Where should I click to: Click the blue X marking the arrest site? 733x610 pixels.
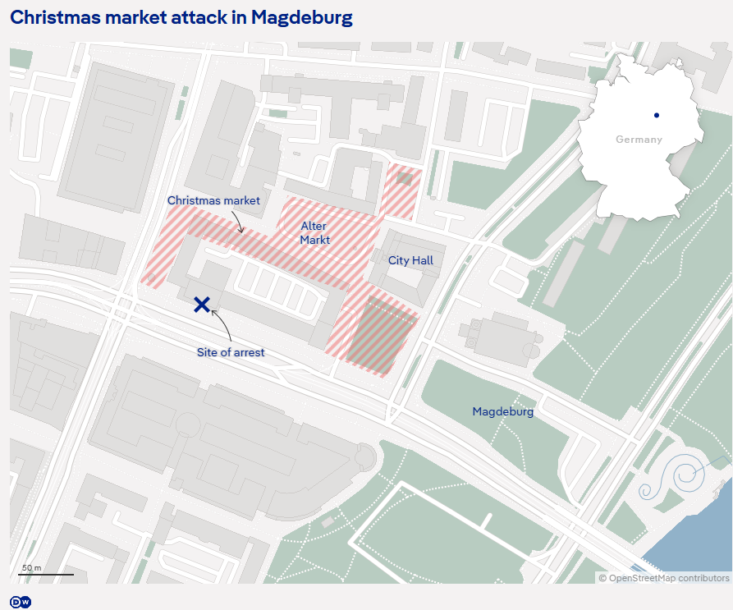coord(202,305)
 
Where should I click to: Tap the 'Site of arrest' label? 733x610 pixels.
coord(231,352)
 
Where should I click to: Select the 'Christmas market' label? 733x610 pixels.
coord(213,200)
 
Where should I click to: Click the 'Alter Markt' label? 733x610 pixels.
coord(314,233)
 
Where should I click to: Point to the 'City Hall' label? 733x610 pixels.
coord(410,260)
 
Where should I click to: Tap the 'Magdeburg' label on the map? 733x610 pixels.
coord(502,411)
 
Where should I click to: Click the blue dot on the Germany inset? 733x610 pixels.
coord(657,115)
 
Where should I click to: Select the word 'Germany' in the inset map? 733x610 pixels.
coord(639,140)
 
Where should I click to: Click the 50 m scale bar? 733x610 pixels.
coord(46,572)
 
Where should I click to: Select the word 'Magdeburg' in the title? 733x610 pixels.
coord(302,17)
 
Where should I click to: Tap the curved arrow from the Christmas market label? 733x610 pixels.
coord(237,220)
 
